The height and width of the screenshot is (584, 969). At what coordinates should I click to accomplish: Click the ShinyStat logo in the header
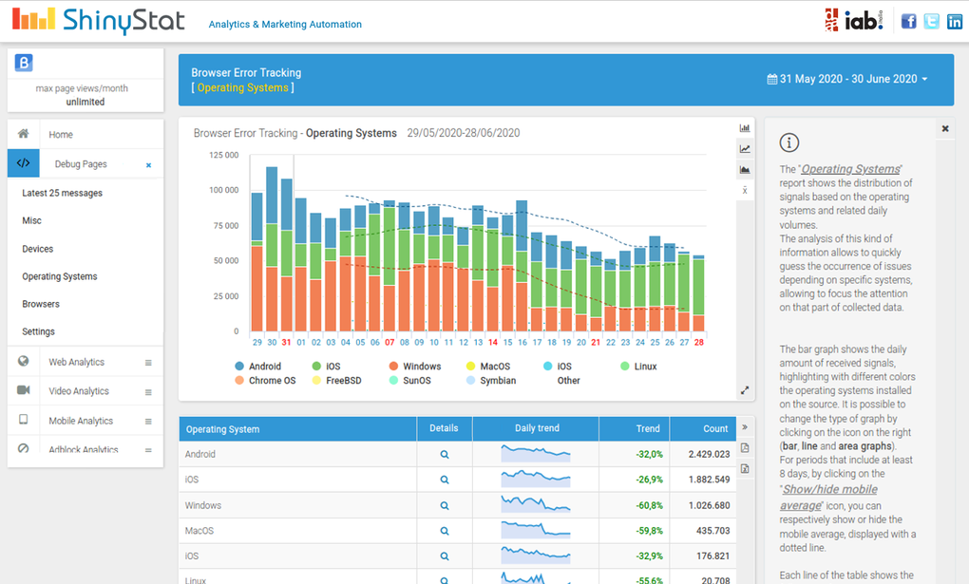click(100, 20)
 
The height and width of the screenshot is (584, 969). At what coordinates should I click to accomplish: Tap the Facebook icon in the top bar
click(908, 21)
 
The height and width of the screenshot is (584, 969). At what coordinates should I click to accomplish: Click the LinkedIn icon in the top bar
click(954, 21)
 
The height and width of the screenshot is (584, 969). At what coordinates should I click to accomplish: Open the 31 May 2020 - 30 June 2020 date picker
click(847, 79)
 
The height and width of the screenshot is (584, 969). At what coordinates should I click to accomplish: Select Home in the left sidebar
click(61, 135)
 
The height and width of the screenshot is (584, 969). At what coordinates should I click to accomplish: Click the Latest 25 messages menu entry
click(62, 193)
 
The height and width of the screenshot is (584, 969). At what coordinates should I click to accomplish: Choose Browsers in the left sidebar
click(41, 304)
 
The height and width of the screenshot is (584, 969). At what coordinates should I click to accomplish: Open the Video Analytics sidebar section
click(79, 391)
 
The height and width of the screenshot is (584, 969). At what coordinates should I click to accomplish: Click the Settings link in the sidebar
click(39, 331)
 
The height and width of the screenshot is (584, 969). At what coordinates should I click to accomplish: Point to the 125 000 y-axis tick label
click(223, 155)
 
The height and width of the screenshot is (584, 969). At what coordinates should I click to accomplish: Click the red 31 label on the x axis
click(286, 342)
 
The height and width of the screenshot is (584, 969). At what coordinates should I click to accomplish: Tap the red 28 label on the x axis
click(698, 342)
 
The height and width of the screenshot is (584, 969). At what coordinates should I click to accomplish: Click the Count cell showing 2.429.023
click(709, 455)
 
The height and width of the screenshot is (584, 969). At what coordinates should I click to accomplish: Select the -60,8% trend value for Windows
click(650, 505)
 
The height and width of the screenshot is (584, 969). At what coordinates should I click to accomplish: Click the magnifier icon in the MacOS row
click(444, 531)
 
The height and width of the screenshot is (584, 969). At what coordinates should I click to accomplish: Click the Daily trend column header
click(537, 428)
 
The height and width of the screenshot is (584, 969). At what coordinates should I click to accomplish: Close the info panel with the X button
click(945, 128)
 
